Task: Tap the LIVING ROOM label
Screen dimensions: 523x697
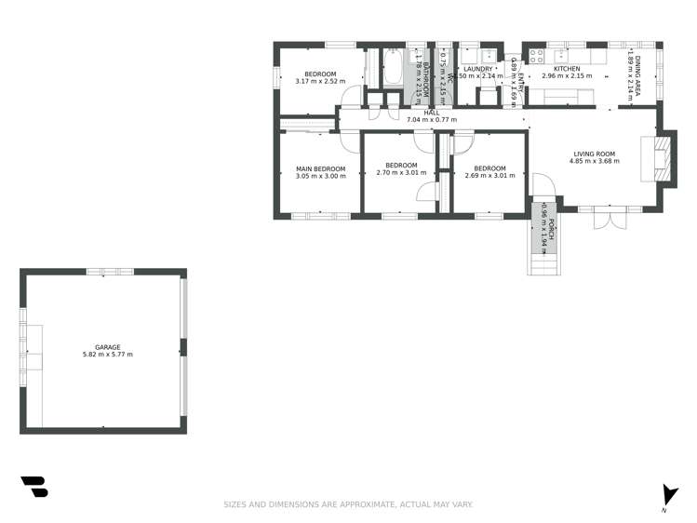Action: [x=594, y=154]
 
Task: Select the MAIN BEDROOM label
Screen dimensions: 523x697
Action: [x=320, y=168]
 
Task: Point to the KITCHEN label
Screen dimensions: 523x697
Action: [x=567, y=69]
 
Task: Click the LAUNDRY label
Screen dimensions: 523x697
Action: [x=477, y=69]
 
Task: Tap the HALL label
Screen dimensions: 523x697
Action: [x=432, y=112]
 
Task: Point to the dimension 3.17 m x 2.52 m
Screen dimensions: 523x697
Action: [x=320, y=81]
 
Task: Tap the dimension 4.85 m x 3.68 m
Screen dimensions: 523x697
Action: [x=594, y=161]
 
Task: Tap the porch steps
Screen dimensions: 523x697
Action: [x=543, y=264]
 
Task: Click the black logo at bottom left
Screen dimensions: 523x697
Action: [x=34, y=487]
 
